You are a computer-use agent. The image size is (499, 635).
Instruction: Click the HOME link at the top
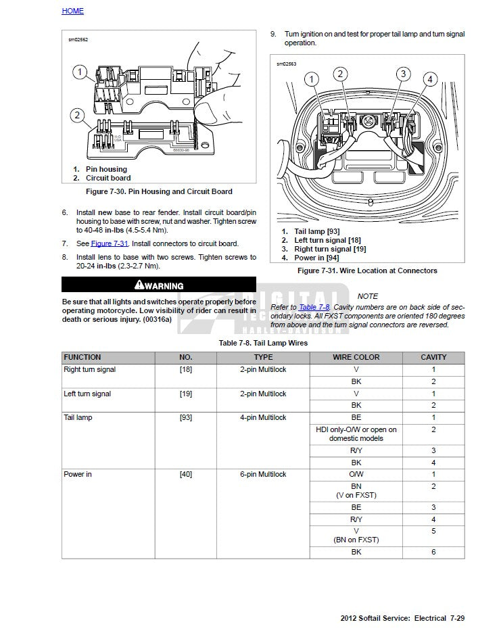click(72, 11)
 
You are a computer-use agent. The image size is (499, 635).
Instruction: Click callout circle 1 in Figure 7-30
click(79, 72)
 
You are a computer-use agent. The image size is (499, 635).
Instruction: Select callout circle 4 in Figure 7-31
click(429, 80)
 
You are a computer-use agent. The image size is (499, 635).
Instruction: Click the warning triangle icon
click(139, 285)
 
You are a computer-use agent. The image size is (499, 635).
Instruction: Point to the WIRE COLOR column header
click(356, 357)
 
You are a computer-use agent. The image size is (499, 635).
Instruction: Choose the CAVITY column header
click(433, 357)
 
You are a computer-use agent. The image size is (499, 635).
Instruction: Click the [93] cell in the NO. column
click(185, 417)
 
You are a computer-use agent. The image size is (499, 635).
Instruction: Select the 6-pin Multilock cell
click(263, 474)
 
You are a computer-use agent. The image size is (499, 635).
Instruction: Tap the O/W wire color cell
click(356, 474)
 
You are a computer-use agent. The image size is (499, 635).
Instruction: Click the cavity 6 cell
click(433, 552)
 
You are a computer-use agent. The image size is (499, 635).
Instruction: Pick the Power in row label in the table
click(78, 474)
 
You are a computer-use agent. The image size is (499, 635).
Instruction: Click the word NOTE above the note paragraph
click(368, 296)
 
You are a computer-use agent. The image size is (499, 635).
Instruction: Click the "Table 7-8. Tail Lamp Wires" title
click(263, 343)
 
